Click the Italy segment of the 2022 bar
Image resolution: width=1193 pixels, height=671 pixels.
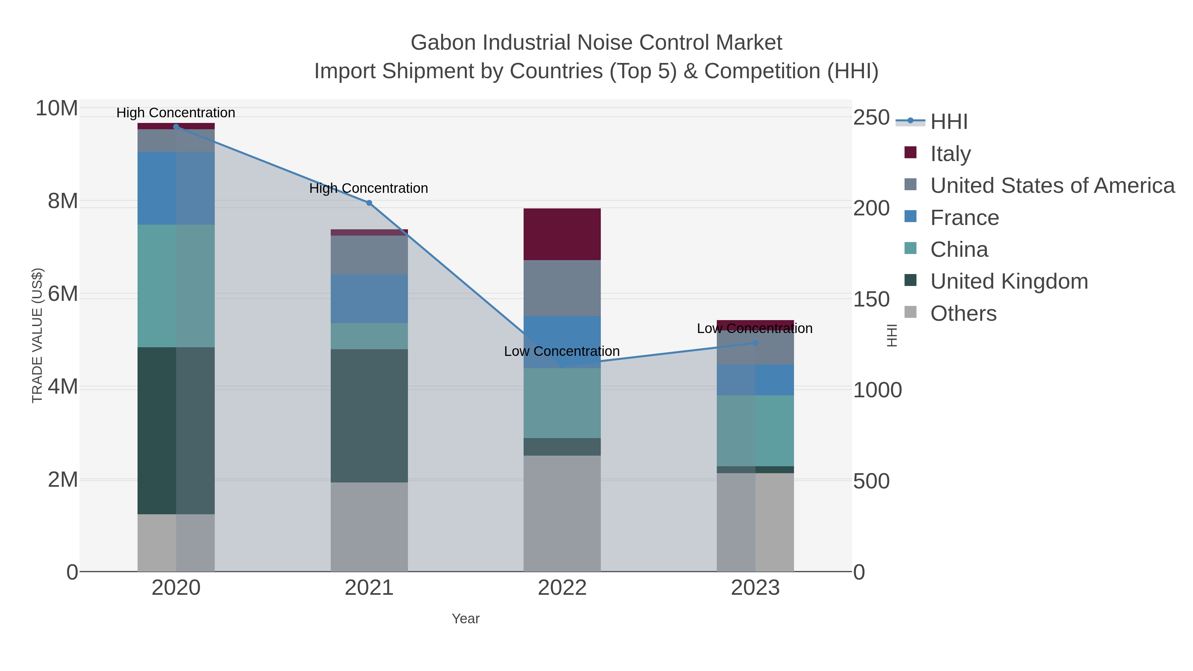(562, 234)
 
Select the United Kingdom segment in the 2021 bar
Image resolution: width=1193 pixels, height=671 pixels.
(369, 416)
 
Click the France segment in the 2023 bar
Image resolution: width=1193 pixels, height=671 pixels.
(755, 380)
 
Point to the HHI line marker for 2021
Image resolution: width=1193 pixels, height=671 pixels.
(369, 203)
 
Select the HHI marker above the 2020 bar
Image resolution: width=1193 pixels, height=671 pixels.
(176, 127)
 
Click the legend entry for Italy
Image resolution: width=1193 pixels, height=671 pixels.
(950, 154)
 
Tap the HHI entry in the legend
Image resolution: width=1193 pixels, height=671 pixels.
(948, 122)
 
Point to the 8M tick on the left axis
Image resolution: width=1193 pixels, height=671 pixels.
(63, 201)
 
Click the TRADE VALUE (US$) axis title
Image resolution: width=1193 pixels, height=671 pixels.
(37, 335)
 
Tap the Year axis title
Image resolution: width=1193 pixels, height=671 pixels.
(466, 619)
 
